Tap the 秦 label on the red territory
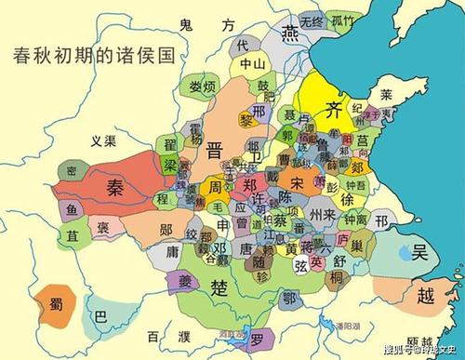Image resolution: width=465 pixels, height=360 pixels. [114, 183]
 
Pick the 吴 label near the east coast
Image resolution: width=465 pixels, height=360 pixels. [421, 252]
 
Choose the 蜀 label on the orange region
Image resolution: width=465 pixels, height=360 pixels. [53, 302]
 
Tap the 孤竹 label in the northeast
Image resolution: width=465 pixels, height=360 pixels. [343, 20]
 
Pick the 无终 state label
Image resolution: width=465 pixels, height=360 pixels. [312, 20]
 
